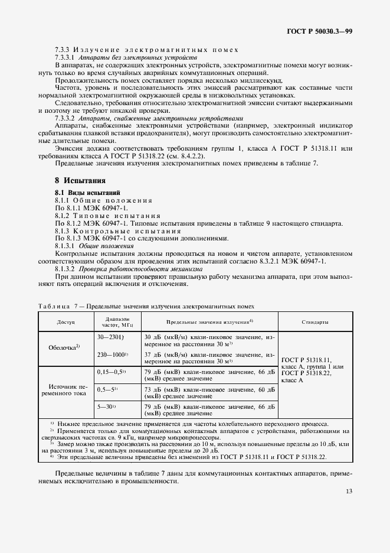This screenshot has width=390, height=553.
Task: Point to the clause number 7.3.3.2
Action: (67, 118)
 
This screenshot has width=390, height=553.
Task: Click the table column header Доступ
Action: (65, 323)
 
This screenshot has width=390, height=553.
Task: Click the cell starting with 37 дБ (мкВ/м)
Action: (209, 357)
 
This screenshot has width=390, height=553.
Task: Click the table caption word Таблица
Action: (53, 306)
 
